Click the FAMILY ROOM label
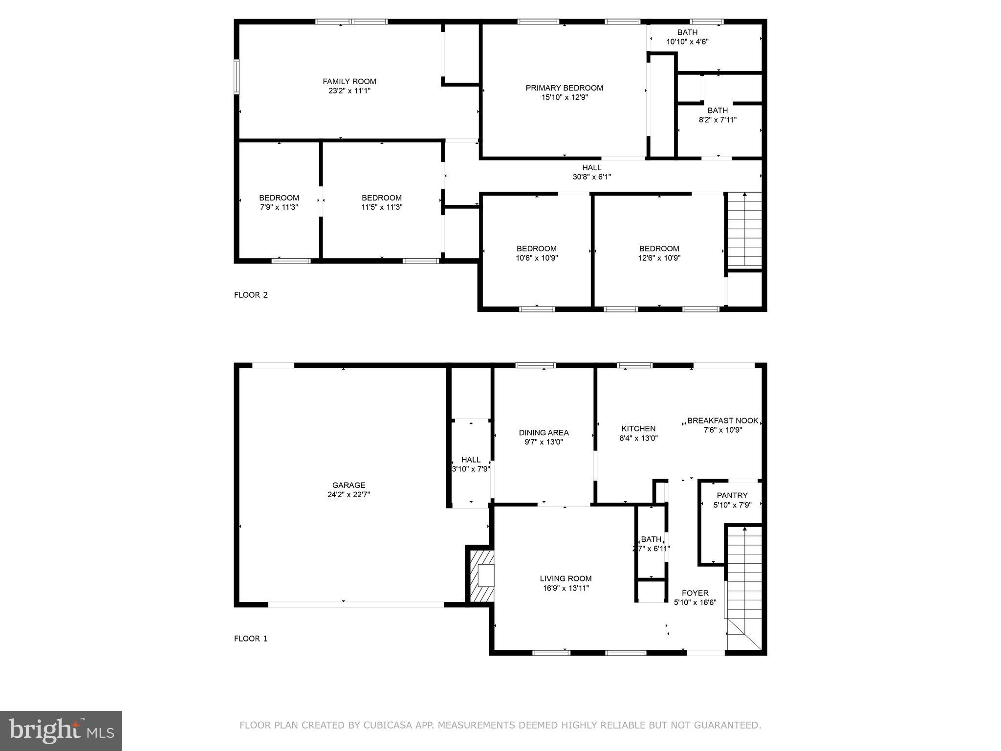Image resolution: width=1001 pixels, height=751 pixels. (x=349, y=82)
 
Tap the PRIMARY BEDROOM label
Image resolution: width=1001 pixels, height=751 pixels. (x=564, y=88)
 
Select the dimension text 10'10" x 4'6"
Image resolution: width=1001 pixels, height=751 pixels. (x=687, y=42)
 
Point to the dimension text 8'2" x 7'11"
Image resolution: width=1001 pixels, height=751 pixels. (x=717, y=119)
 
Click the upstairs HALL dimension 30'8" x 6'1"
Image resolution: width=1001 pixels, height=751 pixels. (x=591, y=177)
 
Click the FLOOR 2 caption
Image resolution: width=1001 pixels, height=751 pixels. (x=251, y=295)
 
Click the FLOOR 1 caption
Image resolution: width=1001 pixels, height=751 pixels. (x=251, y=639)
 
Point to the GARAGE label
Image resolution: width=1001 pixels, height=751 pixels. (x=348, y=485)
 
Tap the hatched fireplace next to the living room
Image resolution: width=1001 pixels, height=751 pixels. (x=481, y=576)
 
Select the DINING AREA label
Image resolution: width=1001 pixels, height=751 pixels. (x=544, y=433)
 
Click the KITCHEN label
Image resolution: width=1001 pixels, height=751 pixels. (x=638, y=429)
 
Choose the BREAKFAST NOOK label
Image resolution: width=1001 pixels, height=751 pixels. (x=722, y=420)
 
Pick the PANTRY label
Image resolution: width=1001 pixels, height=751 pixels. (x=732, y=495)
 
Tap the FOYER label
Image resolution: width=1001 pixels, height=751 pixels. (x=695, y=593)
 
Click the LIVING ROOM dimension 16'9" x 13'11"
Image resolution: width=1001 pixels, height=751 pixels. (x=566, y=588)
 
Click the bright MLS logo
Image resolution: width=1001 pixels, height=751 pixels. (x=61, y=730)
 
